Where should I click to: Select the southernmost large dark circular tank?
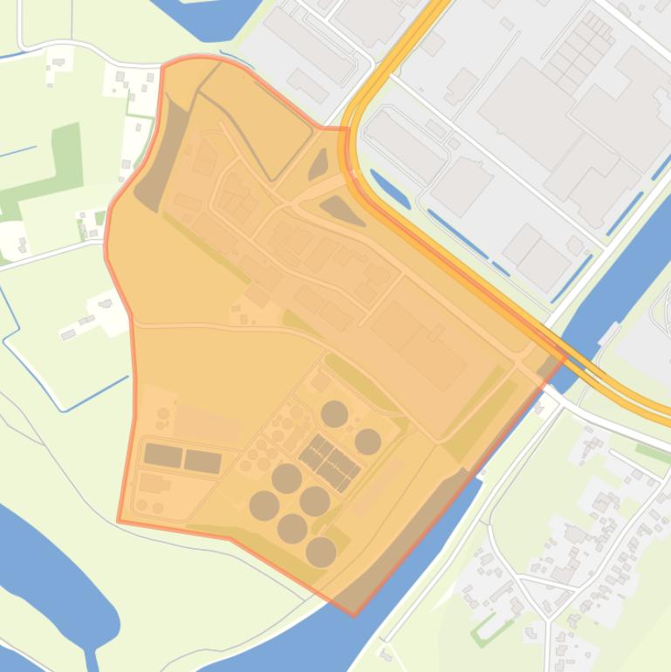[x=321, y=551]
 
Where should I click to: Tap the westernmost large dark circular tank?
[x=264, y=504]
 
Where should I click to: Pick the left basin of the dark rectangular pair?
[x=163, y=455]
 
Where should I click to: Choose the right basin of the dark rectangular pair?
[x=202, y=461]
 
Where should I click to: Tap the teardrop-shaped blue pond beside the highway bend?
[x=389, y=189]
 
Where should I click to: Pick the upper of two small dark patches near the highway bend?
[x=318, y=163]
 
